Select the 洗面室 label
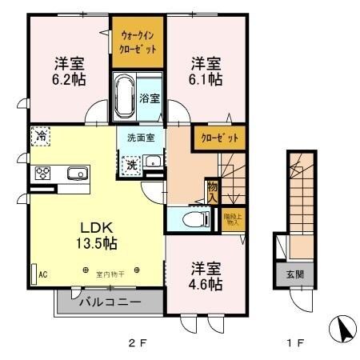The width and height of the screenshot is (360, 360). pos(140,138)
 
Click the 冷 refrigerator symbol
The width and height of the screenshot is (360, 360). pos(39,136)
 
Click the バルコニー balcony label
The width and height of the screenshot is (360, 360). pos(110,303)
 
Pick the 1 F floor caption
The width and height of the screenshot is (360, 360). pos(296,344)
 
